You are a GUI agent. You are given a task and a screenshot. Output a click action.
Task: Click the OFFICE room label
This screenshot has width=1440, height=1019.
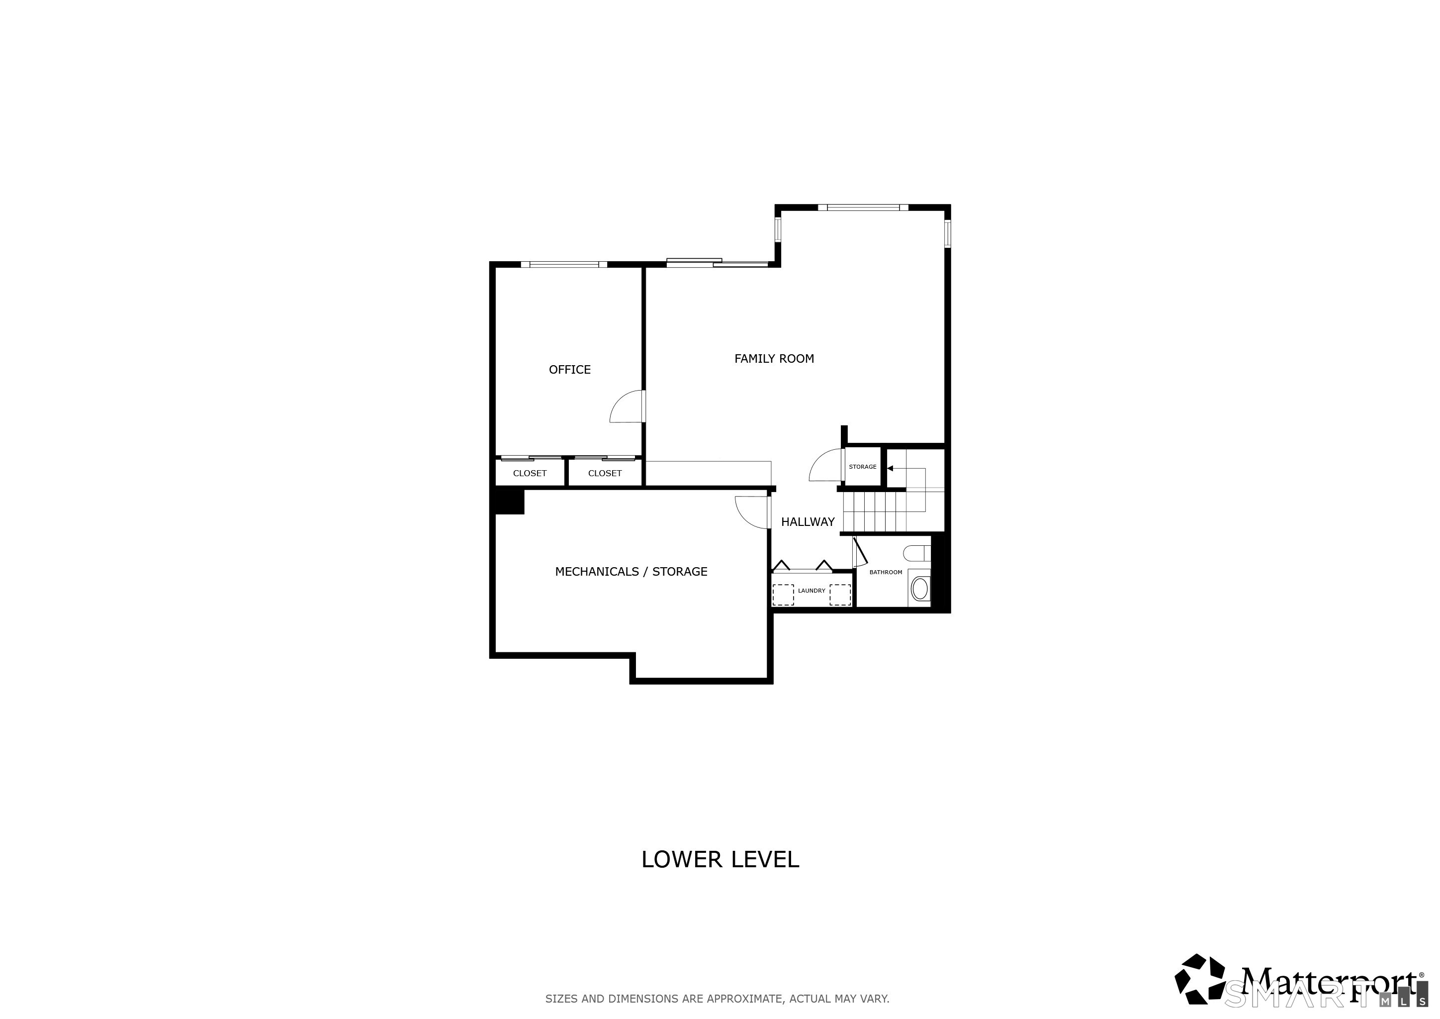pos(569,370)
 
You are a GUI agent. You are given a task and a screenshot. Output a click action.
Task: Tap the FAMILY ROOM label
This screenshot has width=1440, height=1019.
pos(774,358)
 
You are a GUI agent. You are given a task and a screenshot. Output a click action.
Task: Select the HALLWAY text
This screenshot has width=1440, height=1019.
pos(808,521)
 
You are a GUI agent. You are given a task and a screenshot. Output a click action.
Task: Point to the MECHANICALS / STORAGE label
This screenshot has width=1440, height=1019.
pos(631,572)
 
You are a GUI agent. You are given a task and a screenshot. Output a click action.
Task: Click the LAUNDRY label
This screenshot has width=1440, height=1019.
pos(811,591)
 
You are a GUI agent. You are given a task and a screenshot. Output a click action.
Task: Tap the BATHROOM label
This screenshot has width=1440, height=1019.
pos(886,572)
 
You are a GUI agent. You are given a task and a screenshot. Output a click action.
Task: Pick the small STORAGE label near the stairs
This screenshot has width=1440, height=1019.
pos(862,467)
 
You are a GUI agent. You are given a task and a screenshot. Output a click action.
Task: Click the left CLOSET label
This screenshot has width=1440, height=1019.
pos(530,473)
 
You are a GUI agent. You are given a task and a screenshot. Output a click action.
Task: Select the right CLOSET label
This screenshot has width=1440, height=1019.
pos(605,473)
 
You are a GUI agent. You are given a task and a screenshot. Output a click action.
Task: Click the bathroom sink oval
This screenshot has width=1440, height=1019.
pos(919,589)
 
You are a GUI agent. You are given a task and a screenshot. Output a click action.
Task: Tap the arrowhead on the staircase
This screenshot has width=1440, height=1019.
pos(890,468)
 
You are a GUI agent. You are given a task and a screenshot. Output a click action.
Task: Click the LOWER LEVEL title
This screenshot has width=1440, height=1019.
pos(720,859)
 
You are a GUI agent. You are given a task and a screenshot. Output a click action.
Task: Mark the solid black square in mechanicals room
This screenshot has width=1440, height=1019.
pos(509,502)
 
